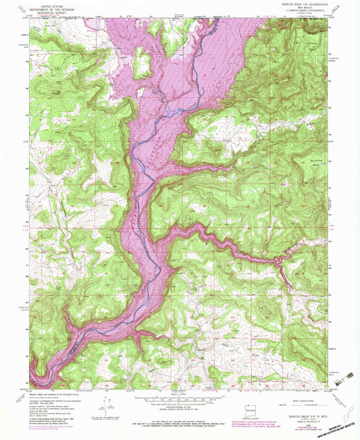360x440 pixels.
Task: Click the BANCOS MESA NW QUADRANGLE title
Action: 297,4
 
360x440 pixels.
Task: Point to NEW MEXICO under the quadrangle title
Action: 298,8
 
